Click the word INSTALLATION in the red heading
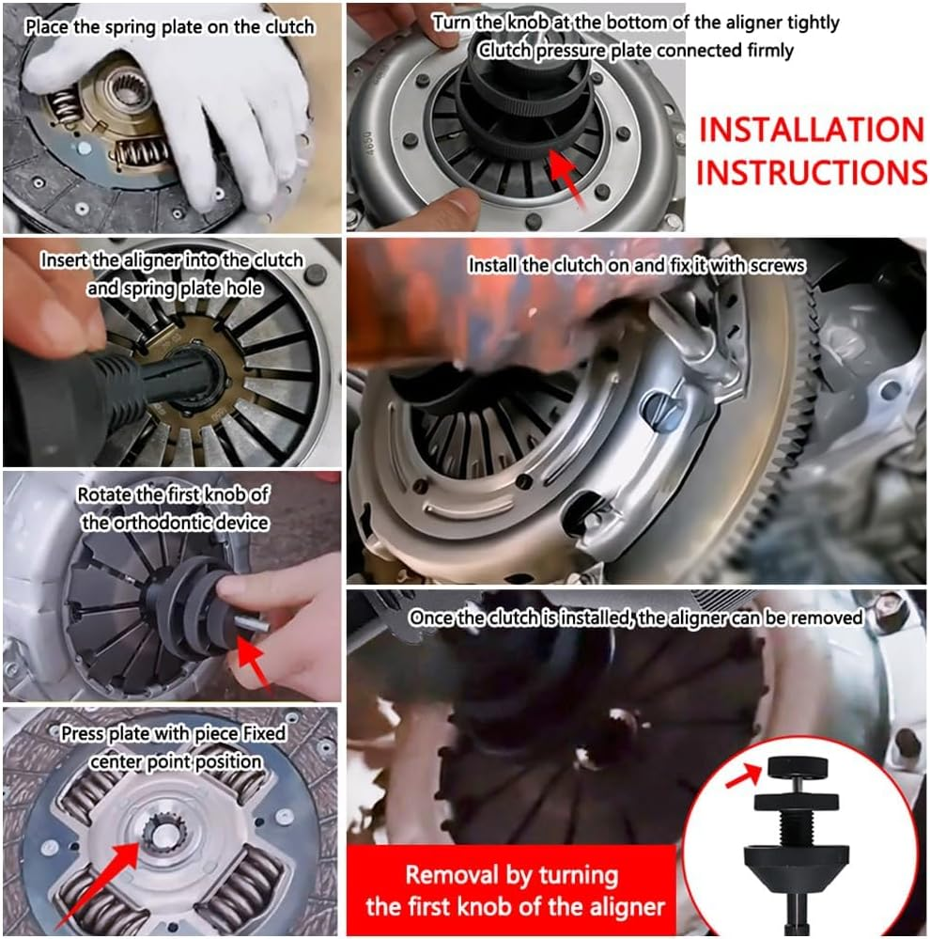[812, 130]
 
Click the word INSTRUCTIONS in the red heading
[812, 173]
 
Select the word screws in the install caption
[778, 266]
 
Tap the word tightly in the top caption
[810, 22]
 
